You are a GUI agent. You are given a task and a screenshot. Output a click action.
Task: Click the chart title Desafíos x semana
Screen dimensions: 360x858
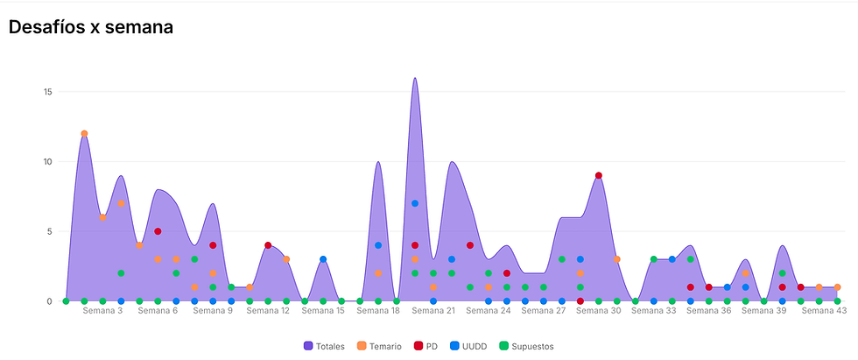[90, 27]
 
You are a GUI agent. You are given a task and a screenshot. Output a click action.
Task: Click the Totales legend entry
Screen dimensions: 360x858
[325, 346]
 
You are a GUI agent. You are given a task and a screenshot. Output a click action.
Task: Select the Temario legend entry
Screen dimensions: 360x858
[379, 346]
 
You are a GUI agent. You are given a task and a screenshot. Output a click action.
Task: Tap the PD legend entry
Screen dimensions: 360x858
[427, 346]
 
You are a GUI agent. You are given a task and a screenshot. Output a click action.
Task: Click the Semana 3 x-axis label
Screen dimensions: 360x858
[102, 311]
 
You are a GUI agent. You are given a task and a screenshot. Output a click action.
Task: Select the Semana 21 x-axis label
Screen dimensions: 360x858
[433, 311]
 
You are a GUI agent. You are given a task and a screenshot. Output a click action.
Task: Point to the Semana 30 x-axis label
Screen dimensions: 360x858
[599, 311]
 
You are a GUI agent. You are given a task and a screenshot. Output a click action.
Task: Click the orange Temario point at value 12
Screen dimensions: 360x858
[84, 134]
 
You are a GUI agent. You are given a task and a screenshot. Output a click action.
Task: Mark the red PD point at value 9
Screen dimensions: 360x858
[599, 175]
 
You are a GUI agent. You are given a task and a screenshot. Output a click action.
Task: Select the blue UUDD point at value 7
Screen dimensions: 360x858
[415, 203]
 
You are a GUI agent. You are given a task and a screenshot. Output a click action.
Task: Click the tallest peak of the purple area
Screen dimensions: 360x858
[415, 79]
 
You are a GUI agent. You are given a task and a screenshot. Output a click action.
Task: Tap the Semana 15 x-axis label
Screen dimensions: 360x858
[323, 311]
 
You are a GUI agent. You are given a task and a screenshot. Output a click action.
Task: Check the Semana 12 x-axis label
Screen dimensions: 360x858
[268, 311]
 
